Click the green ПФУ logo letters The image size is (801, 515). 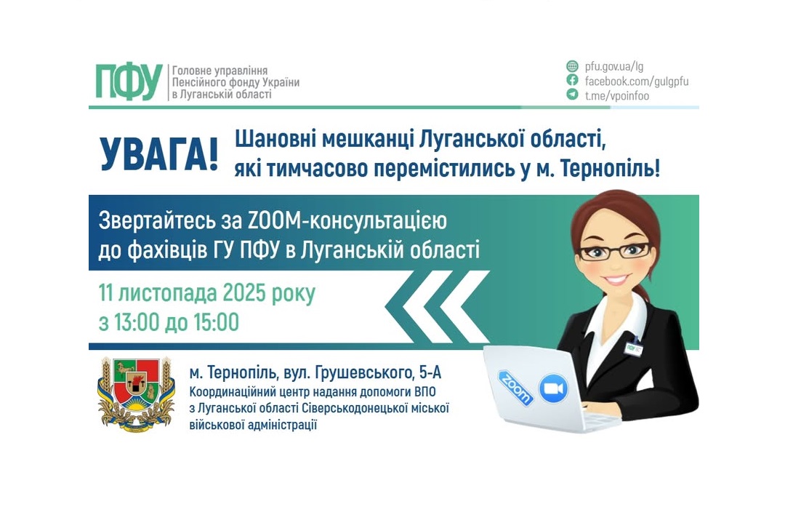coord(129,81)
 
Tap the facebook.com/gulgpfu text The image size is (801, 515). coord(636,81)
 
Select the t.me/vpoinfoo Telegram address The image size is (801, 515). coord(616,95)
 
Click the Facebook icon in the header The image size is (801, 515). coord(573,81)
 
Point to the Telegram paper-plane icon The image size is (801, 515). coord(573,95)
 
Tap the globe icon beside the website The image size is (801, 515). coord(573,66)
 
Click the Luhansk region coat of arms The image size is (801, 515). coord(137,394)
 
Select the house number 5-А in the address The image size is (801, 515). coord(427,373)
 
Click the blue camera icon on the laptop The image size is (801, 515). coord(553,388)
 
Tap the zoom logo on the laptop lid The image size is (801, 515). coord(515,383)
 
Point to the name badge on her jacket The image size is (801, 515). coord(634,348)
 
